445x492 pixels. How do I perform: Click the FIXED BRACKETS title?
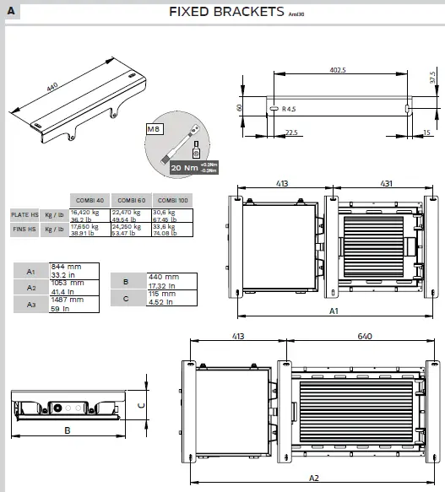[x=226, y=11]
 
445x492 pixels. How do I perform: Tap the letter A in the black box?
[x=11, y=11]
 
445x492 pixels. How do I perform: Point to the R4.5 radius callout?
[x=290, y=109]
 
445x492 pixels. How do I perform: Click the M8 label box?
[x=154, y=129]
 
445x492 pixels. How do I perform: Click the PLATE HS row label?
[x=24, y=214]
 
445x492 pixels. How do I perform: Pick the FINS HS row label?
[x=24, y=229]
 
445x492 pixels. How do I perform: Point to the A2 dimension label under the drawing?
[x=313, y=478]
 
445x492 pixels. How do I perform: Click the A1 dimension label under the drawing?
[x=334, y=311]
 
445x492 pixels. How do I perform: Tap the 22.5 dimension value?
[x=292, y=132]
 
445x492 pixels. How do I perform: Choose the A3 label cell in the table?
[x=31, y=304]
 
